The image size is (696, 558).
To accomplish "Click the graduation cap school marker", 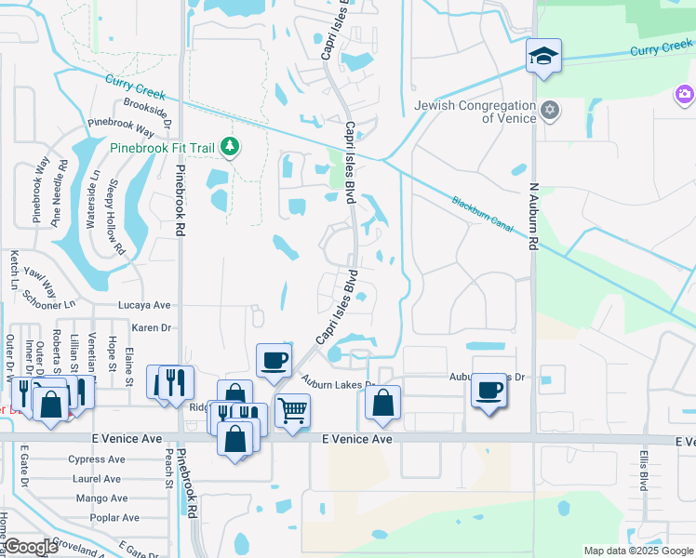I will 542,57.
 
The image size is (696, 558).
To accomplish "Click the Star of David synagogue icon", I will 549,111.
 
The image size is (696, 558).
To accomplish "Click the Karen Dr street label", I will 152,327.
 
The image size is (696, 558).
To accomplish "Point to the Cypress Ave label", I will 97,459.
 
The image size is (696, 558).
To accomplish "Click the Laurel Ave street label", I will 97,479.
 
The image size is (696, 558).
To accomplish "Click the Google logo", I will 31,547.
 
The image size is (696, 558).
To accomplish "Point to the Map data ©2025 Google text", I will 638,551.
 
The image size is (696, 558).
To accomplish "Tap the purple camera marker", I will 685,94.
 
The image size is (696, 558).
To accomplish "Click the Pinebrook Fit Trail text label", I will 162,147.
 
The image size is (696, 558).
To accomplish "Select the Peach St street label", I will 169,468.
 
